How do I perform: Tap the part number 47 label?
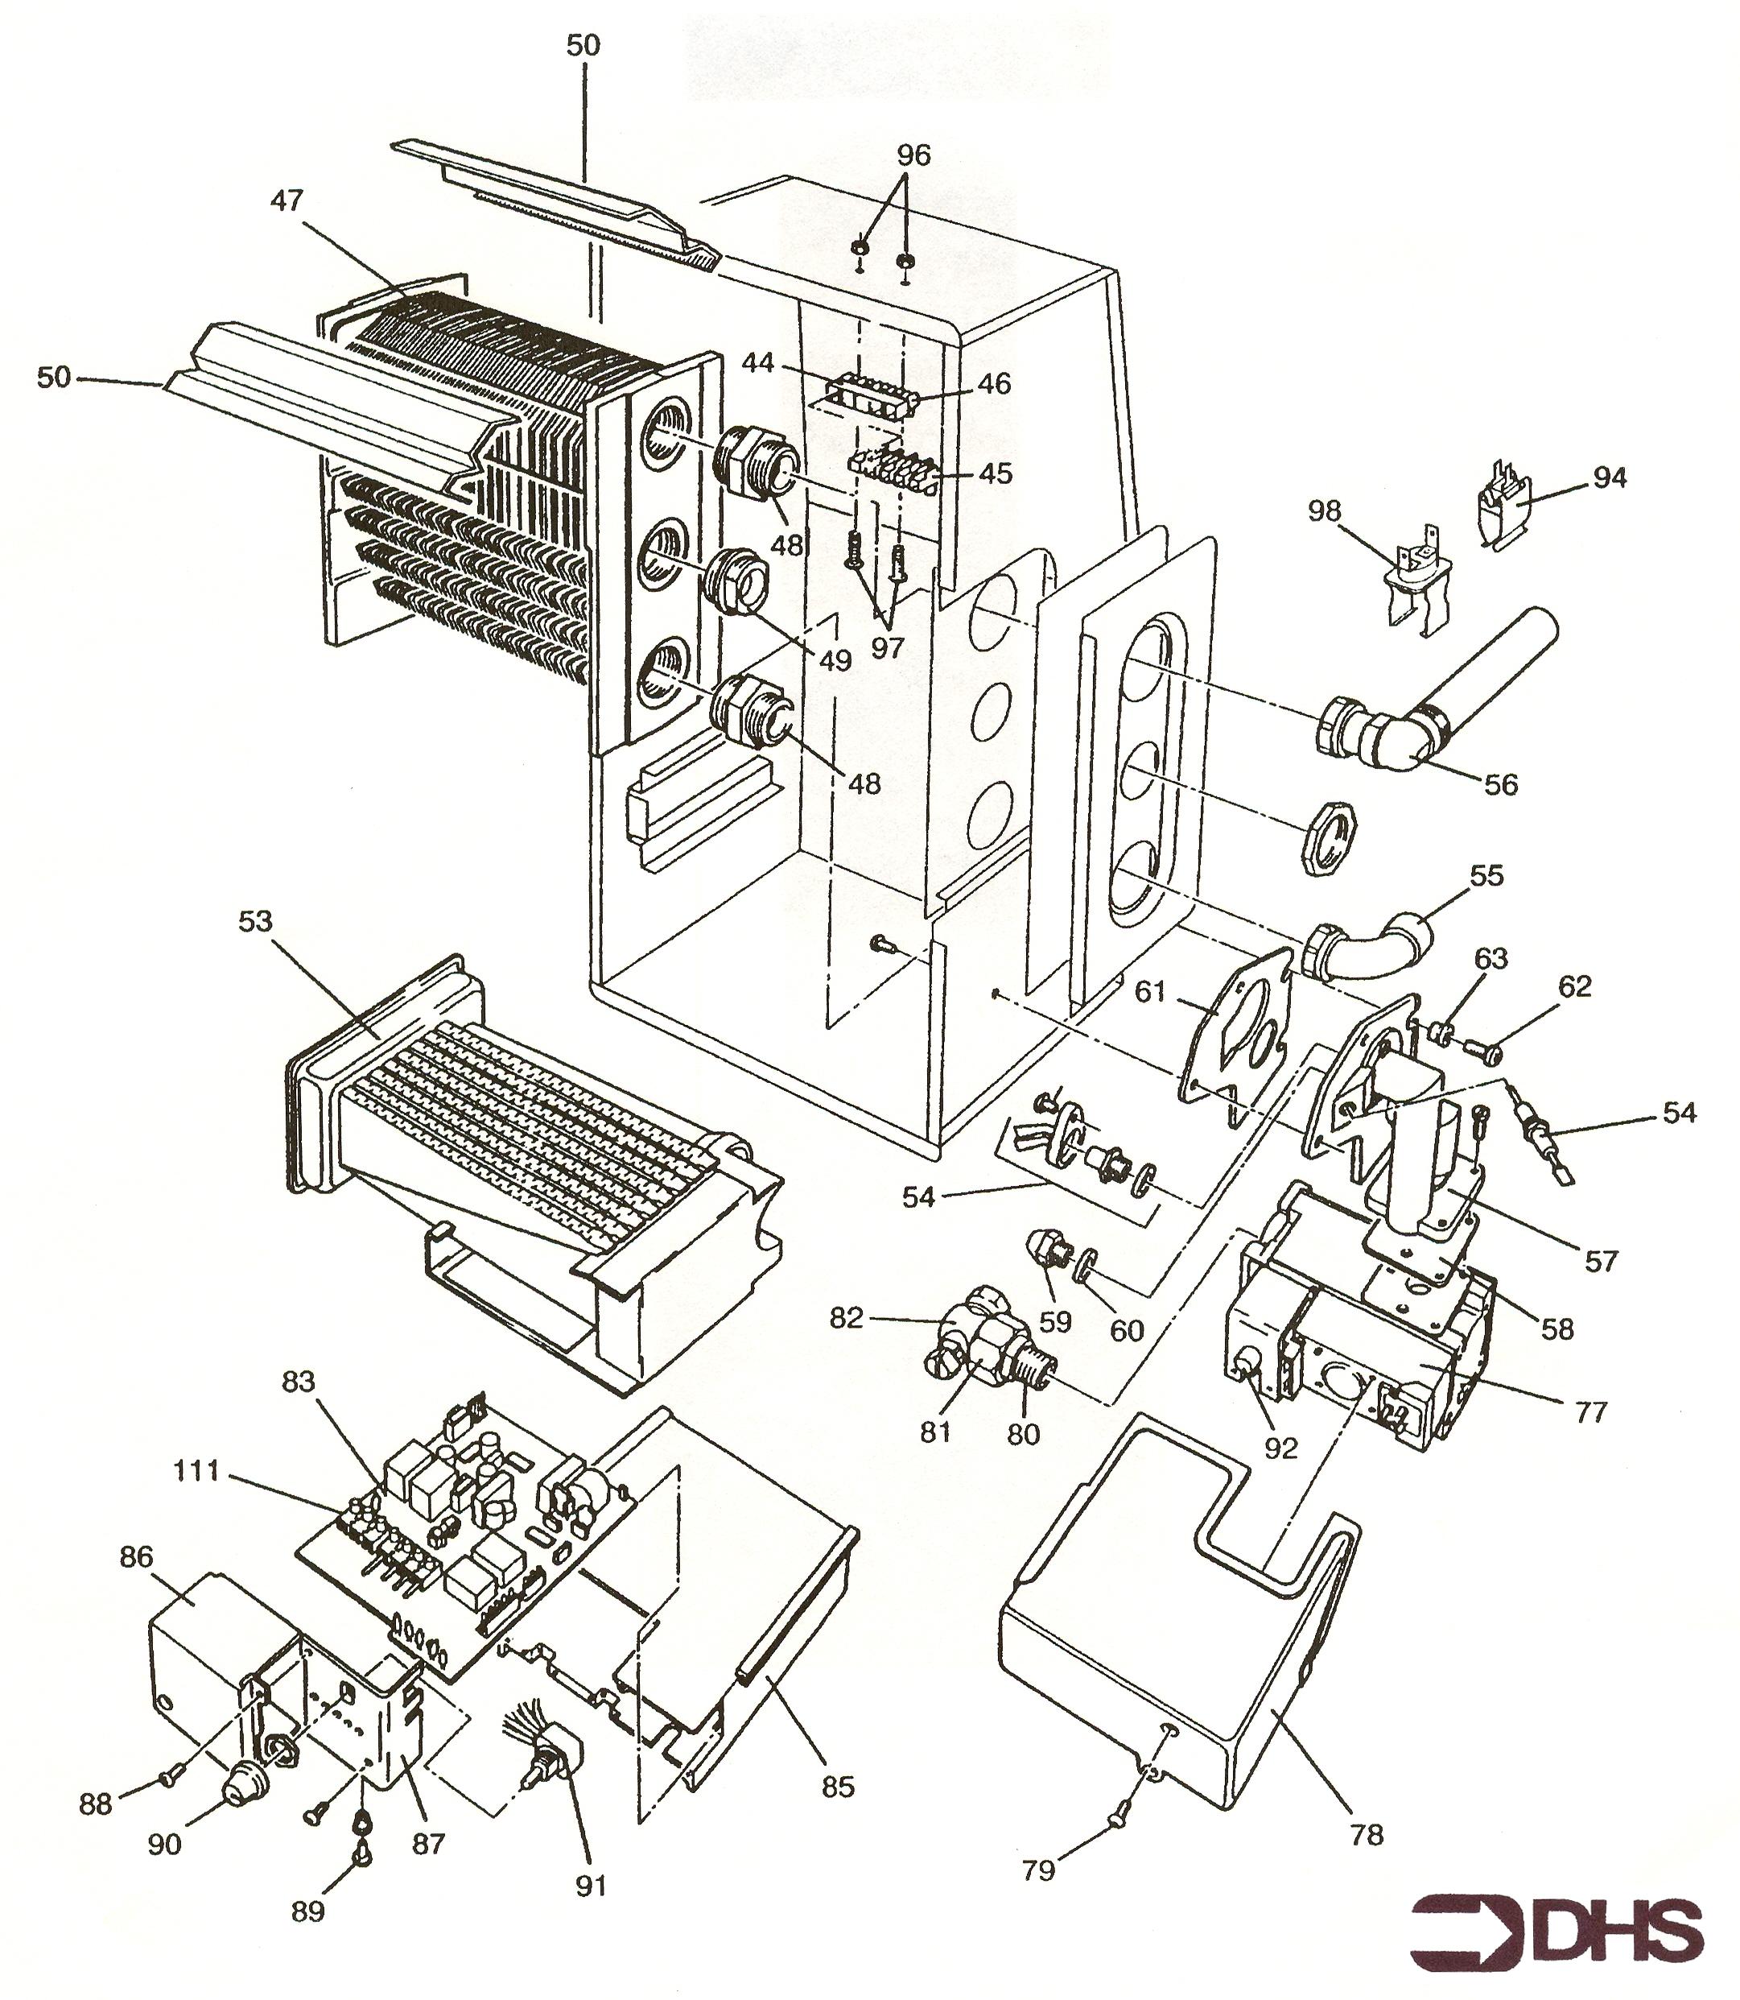click(x=287, y=201)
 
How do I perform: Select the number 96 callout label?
click(x=913, y=155)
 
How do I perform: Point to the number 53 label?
click(x=255, y=921)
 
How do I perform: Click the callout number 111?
click(x=197, y=1472)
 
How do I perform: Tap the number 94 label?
click(x=1610, y=478)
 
